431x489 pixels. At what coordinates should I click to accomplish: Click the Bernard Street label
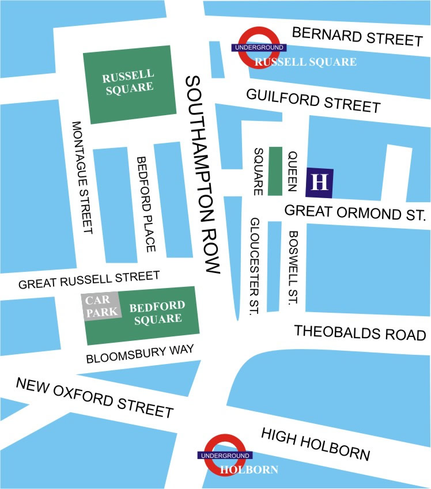click(x=357, y=36)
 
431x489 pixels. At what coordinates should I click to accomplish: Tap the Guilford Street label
click(x=313, y=100)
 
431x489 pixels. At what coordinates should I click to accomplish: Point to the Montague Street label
click(x=82, y=177)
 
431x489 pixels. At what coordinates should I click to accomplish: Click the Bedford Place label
click(x=145, y=204)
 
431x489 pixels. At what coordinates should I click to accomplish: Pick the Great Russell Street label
click(x=89, y=280)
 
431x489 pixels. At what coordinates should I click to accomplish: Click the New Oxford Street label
click(x=94, y=397)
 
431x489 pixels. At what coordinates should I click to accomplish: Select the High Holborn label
click(x=316, y=443)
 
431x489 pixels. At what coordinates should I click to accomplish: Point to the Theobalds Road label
click(x=360, y=333)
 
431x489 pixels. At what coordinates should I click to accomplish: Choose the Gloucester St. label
click(x=254, y=267)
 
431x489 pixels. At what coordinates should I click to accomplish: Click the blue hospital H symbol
click(x=320, y=182)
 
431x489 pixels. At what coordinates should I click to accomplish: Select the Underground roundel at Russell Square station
click(x=257, y=48)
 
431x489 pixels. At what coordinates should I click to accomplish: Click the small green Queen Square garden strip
click(x=275, y=171)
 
